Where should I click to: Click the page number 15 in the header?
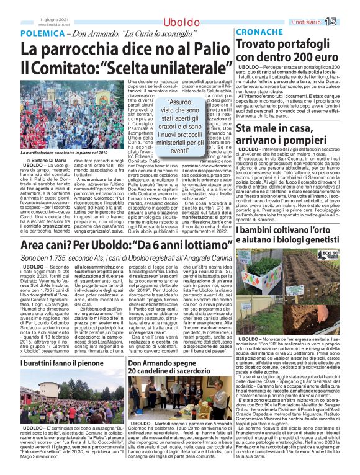click(x=348, y=22)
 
